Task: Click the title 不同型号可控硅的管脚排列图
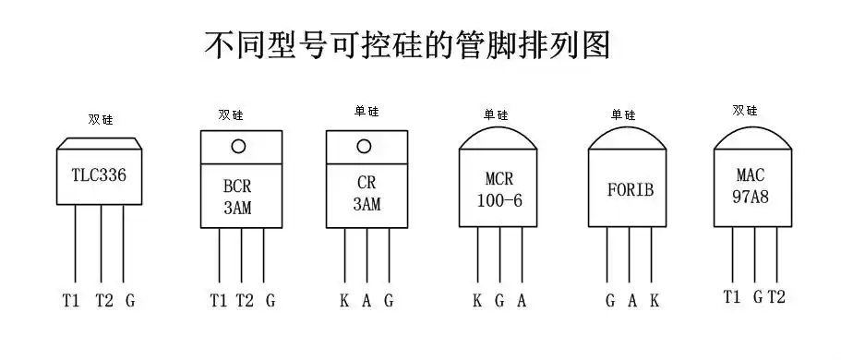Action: coord(407,44)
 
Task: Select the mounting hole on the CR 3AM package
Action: coord(364,146)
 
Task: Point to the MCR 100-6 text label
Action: coord(499,188)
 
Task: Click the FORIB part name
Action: coord(630,190)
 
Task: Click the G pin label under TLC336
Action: coord(130,300)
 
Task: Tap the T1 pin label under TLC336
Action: coord(70,300)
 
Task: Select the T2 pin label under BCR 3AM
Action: coord(244,300)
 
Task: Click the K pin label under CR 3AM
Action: coord(344,300)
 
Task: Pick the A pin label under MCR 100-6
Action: coord(522,300)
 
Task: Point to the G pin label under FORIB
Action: coord(610,300)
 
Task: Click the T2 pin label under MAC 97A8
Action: coord(776,296)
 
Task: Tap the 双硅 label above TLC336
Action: coord(100,119)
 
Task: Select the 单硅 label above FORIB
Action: coord(623,114)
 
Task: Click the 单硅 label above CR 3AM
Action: coord(366,111)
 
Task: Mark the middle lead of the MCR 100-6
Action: coord(499,258)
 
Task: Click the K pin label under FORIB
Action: coord(654,300)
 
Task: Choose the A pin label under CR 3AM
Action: coord(366,300)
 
